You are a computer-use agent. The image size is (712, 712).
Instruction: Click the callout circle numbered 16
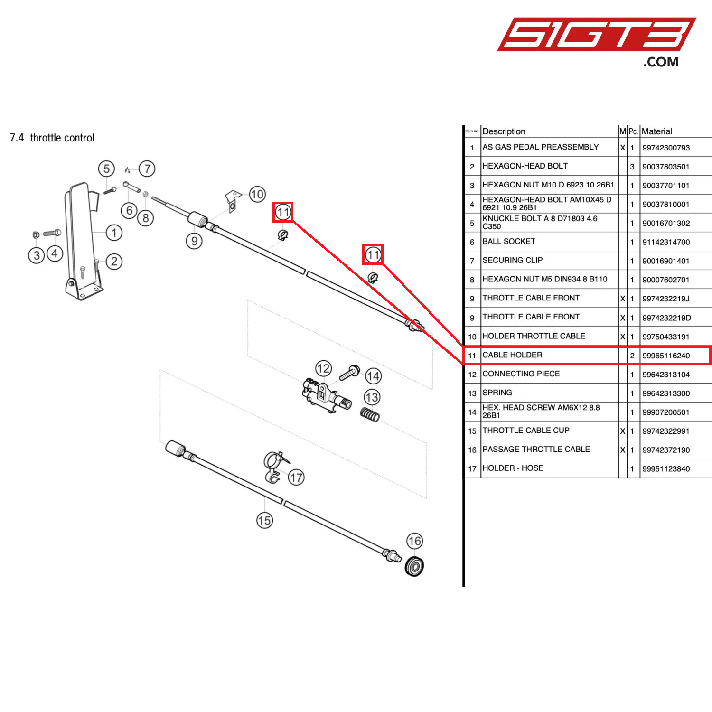pos(414,541)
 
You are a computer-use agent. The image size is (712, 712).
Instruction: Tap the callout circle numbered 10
pos(257,194)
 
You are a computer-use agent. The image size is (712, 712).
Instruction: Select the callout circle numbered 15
pos(264,521)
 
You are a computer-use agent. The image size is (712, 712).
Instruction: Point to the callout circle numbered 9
pos(194,241)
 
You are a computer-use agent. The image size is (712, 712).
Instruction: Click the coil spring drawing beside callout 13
pos(370,415)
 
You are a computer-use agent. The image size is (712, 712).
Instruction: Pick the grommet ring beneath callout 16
pos(414,566)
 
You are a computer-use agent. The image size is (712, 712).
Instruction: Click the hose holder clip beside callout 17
pos(274,467)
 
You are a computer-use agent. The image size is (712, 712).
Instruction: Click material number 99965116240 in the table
pos(666,356)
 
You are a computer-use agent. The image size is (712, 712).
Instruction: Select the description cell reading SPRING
pos(497,393)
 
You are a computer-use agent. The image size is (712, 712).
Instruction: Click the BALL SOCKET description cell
pos(508,241)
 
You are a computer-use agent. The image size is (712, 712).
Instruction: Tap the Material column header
pos(656,131)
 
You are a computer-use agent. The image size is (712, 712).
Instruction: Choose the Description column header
pos(504,131)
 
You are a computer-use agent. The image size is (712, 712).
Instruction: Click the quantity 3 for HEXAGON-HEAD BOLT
pos(632,167)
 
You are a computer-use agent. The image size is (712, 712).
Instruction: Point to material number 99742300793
pos(666,148)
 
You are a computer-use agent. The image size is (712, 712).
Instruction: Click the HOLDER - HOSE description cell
pos(513,468)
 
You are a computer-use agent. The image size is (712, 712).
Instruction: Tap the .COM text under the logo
pos(661,62)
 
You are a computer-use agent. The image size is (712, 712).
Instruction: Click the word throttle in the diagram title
pos(46,138)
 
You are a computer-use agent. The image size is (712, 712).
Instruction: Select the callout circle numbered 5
pos(106,169)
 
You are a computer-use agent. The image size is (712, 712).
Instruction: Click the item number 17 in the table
pos(472,469)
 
